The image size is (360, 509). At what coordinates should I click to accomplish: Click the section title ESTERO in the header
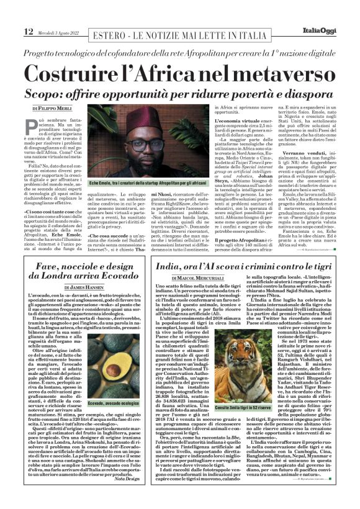pos(111,32)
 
